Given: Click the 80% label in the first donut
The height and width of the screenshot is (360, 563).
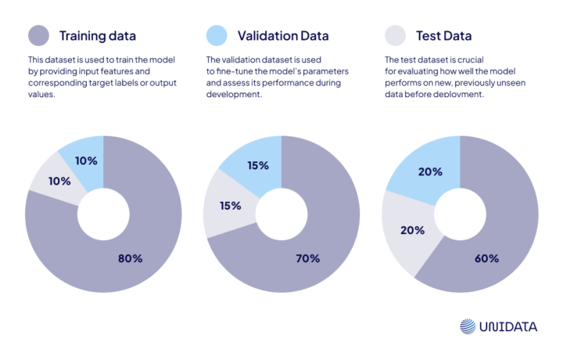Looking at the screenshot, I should [x=131, y=257].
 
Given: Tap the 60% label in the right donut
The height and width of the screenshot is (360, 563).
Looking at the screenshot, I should [x=486, y=257].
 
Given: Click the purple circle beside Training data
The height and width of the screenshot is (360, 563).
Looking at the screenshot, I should [x=38, y=36].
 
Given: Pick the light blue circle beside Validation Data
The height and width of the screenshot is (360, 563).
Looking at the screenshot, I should [x=217, y=36].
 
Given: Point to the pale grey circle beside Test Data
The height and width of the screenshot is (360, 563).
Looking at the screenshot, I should [x=396, y=36].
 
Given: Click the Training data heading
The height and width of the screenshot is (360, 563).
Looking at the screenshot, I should [x=98, y=36].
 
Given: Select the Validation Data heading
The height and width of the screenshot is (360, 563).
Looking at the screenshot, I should [x=282, y=36].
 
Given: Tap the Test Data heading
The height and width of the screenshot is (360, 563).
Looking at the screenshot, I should [x=443, y=36].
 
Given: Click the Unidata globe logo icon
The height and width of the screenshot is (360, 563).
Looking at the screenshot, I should [x=467, y=327].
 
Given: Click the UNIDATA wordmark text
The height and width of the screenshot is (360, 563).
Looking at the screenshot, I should [x=508, y=327].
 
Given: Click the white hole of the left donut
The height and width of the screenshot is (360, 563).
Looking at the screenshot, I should [x=103, y=214].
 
